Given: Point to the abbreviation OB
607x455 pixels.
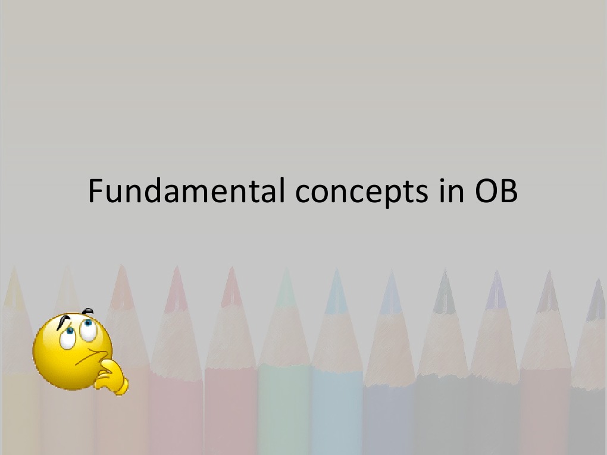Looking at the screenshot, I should pos(496,192).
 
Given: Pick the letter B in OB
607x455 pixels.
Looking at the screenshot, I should pos(509,192).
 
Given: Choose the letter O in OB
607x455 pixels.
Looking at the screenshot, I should pos(485,192).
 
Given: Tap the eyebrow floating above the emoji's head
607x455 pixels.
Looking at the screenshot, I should pos(89,311).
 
